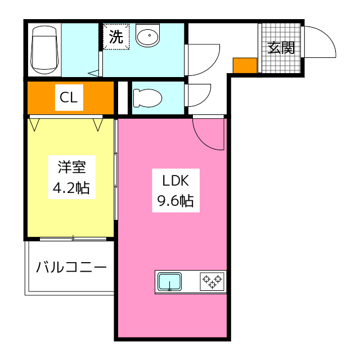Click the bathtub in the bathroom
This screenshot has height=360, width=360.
coord(44,49)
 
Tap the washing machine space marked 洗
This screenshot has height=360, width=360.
coord(116,37)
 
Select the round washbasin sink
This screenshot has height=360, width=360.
coord(147,35)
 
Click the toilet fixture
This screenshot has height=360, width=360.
coord(147,98)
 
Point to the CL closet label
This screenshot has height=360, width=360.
coord(69,97)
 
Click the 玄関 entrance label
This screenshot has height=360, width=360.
coord(281,48)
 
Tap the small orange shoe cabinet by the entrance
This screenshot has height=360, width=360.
coord(245,65)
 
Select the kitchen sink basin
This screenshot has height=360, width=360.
coord(170,282)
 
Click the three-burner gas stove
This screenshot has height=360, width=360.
coord(212,281)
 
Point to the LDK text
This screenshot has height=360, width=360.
coord(175,181)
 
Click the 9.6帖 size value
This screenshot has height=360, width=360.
coord(175,201)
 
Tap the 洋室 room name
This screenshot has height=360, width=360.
coord(72,167)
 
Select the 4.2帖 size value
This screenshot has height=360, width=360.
coord(71,188)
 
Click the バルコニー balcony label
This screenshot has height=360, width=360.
coord(71,267)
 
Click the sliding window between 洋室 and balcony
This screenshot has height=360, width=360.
coord(73,238)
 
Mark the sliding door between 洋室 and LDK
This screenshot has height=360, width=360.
coord(116,169)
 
